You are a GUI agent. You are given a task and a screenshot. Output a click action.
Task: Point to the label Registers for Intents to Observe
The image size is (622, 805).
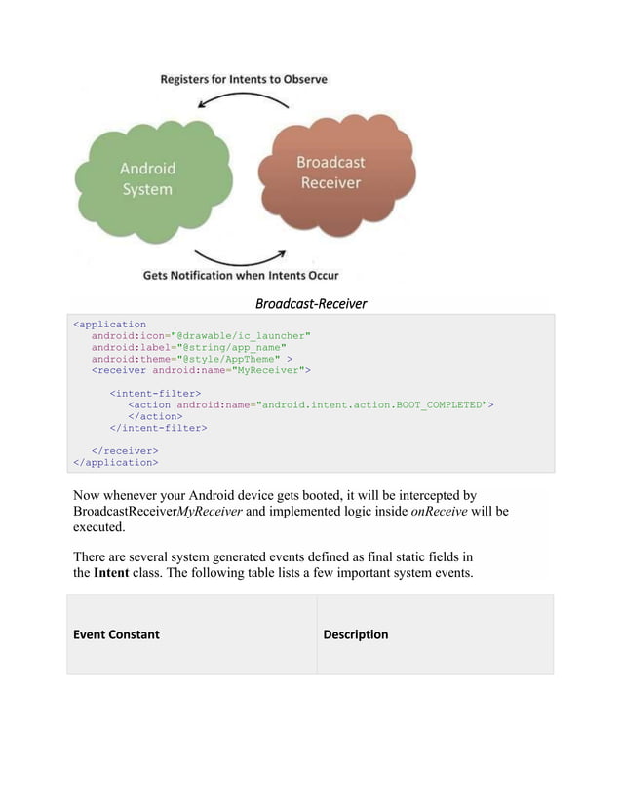[244, 78]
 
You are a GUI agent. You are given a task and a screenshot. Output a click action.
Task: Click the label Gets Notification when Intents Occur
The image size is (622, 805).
[241, 276]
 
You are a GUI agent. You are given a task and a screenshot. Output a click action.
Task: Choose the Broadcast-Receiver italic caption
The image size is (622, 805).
[311, 304]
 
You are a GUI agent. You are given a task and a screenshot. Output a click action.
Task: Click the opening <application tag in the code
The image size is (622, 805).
[110, 325]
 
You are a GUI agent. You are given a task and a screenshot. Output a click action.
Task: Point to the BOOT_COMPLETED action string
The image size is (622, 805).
[374, 404]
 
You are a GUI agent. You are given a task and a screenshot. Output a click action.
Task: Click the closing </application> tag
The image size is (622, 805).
[116, 462]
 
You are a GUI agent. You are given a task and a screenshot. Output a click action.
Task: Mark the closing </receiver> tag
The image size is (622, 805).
[125, 450]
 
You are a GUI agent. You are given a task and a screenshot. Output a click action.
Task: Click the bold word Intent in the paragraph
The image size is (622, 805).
[110, 572]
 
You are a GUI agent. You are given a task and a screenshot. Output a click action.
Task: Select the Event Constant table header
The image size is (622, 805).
[116, 634]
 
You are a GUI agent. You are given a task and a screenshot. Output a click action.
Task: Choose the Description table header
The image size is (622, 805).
[355, 634]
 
